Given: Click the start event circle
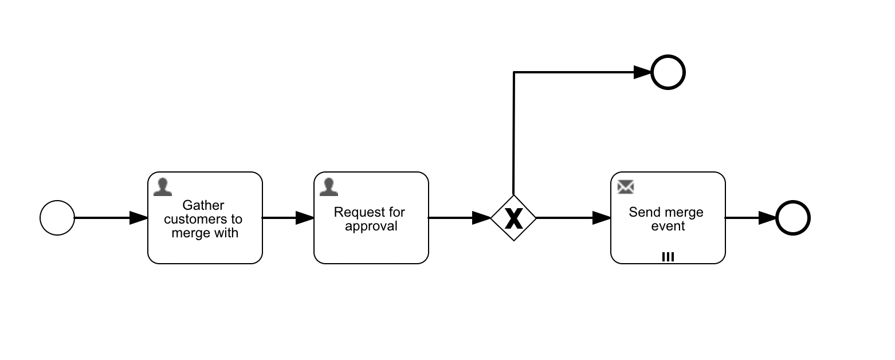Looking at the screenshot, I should point(57,218).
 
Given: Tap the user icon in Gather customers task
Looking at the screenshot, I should point(163,187).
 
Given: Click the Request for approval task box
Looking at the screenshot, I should point(371,244).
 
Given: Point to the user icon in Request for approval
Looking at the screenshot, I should point(329,187).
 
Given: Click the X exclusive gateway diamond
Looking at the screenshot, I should point(513,218).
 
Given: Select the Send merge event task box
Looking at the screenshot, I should point(668,241).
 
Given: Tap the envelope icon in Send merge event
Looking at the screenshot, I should point(626,187).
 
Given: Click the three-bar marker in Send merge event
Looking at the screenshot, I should point(668,257).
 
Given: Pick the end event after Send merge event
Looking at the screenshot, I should point(793,218).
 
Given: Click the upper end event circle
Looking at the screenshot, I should point(668,73).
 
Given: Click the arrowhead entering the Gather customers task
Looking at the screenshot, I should point(139,218).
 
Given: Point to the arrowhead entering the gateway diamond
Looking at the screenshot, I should point(482,218).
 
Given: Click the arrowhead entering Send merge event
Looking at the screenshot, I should point(602,218).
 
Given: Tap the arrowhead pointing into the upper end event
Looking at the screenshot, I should point(642,72).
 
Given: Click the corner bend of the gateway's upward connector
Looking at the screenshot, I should point(514,72).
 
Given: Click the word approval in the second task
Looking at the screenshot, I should point(371,226).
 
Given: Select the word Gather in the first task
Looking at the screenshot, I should point(203,205).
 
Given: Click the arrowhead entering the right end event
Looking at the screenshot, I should point(768,218).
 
